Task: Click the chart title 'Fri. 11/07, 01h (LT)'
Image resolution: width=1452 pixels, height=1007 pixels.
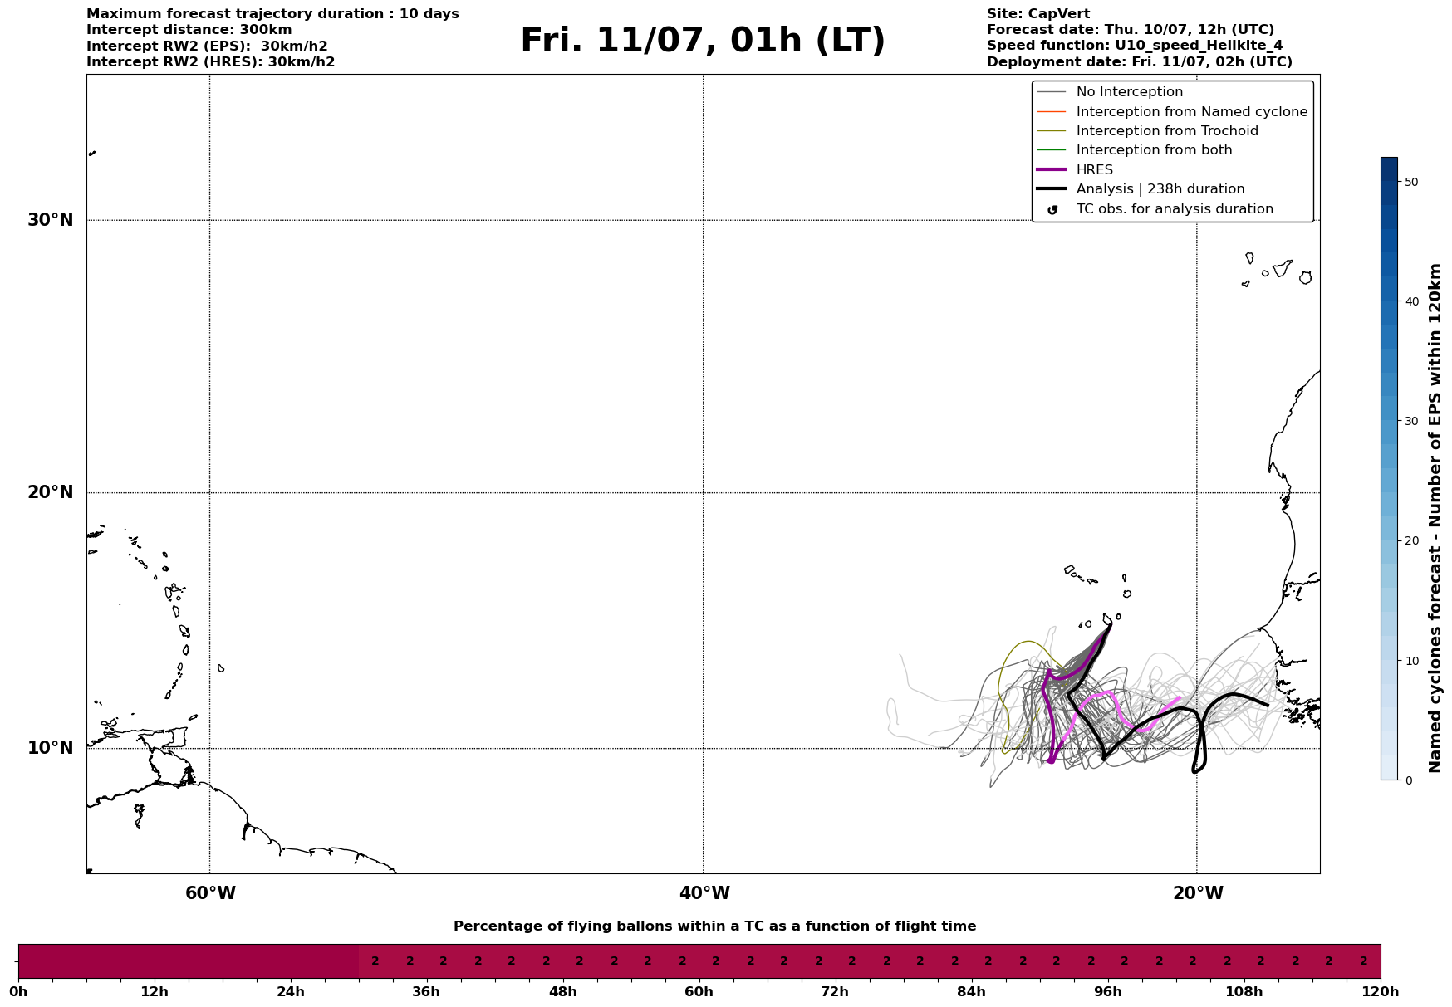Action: [x=703, y=42]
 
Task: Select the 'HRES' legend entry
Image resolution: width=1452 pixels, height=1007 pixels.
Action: [x=1094, y=170]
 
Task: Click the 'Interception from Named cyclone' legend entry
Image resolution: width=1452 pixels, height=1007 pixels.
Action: [x=1191, y=112]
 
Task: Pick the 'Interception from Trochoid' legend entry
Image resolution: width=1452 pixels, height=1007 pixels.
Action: [x=1166, y=131]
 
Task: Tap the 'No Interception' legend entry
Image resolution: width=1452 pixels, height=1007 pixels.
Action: [x=1129, y=92]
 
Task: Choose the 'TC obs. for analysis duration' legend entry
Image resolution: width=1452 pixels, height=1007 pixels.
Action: [x=1174, y=209]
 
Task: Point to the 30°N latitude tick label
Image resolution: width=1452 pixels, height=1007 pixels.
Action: [x=51, y=220]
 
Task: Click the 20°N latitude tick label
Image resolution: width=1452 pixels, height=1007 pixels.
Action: [x=51, y=492]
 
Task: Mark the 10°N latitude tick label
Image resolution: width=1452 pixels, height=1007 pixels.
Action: [x=51, y=748]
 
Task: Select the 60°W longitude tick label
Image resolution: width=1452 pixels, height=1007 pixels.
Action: [x=210, y=893]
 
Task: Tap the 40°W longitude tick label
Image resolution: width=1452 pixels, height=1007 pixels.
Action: [x=704, y=893]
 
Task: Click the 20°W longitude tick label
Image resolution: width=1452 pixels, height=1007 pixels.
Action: [x=1198, y=893]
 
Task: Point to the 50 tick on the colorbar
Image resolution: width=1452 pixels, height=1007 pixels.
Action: [x=1410, y=182]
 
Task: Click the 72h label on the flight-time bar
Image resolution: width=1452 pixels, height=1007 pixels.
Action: [x=835, y=992]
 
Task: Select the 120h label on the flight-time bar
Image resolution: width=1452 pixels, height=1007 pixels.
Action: [x=1381, y=992]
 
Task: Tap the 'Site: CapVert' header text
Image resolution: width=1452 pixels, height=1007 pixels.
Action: [x=1037, y=14]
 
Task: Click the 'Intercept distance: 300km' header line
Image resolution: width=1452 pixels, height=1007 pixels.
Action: [x=189, y=30]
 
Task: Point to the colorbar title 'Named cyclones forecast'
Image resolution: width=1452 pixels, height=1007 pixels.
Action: [x=1435, y=518]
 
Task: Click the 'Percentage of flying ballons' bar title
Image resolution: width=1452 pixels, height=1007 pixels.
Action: [x=714, y=926]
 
